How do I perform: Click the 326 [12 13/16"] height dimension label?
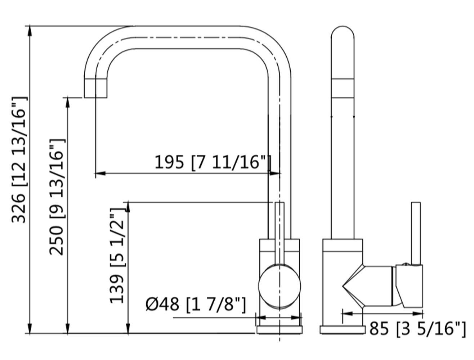pyautogui.click(x=19, y=160)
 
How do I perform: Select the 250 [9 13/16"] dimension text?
pyautogui.click(x=57, y=197)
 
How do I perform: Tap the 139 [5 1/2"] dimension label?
pyautogui.click(x=117, y=256)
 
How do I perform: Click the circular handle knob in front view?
pyautogui.click(x=280, y=286)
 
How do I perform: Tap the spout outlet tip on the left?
pyautogui.click(x=96, y=88)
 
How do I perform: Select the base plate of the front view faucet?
pyautogui.click(x=280, y=330)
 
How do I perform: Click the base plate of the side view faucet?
pyautogui.click(x=343, y=330)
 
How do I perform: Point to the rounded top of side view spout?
pyautogui.click(x=343, y=34)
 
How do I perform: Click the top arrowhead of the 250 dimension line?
pyautogui.click(x=67, y=102)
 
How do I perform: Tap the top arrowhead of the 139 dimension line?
pyautogui.click(x=128, y=207)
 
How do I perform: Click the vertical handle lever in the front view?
pyautogui.click(x=280, y=230)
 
